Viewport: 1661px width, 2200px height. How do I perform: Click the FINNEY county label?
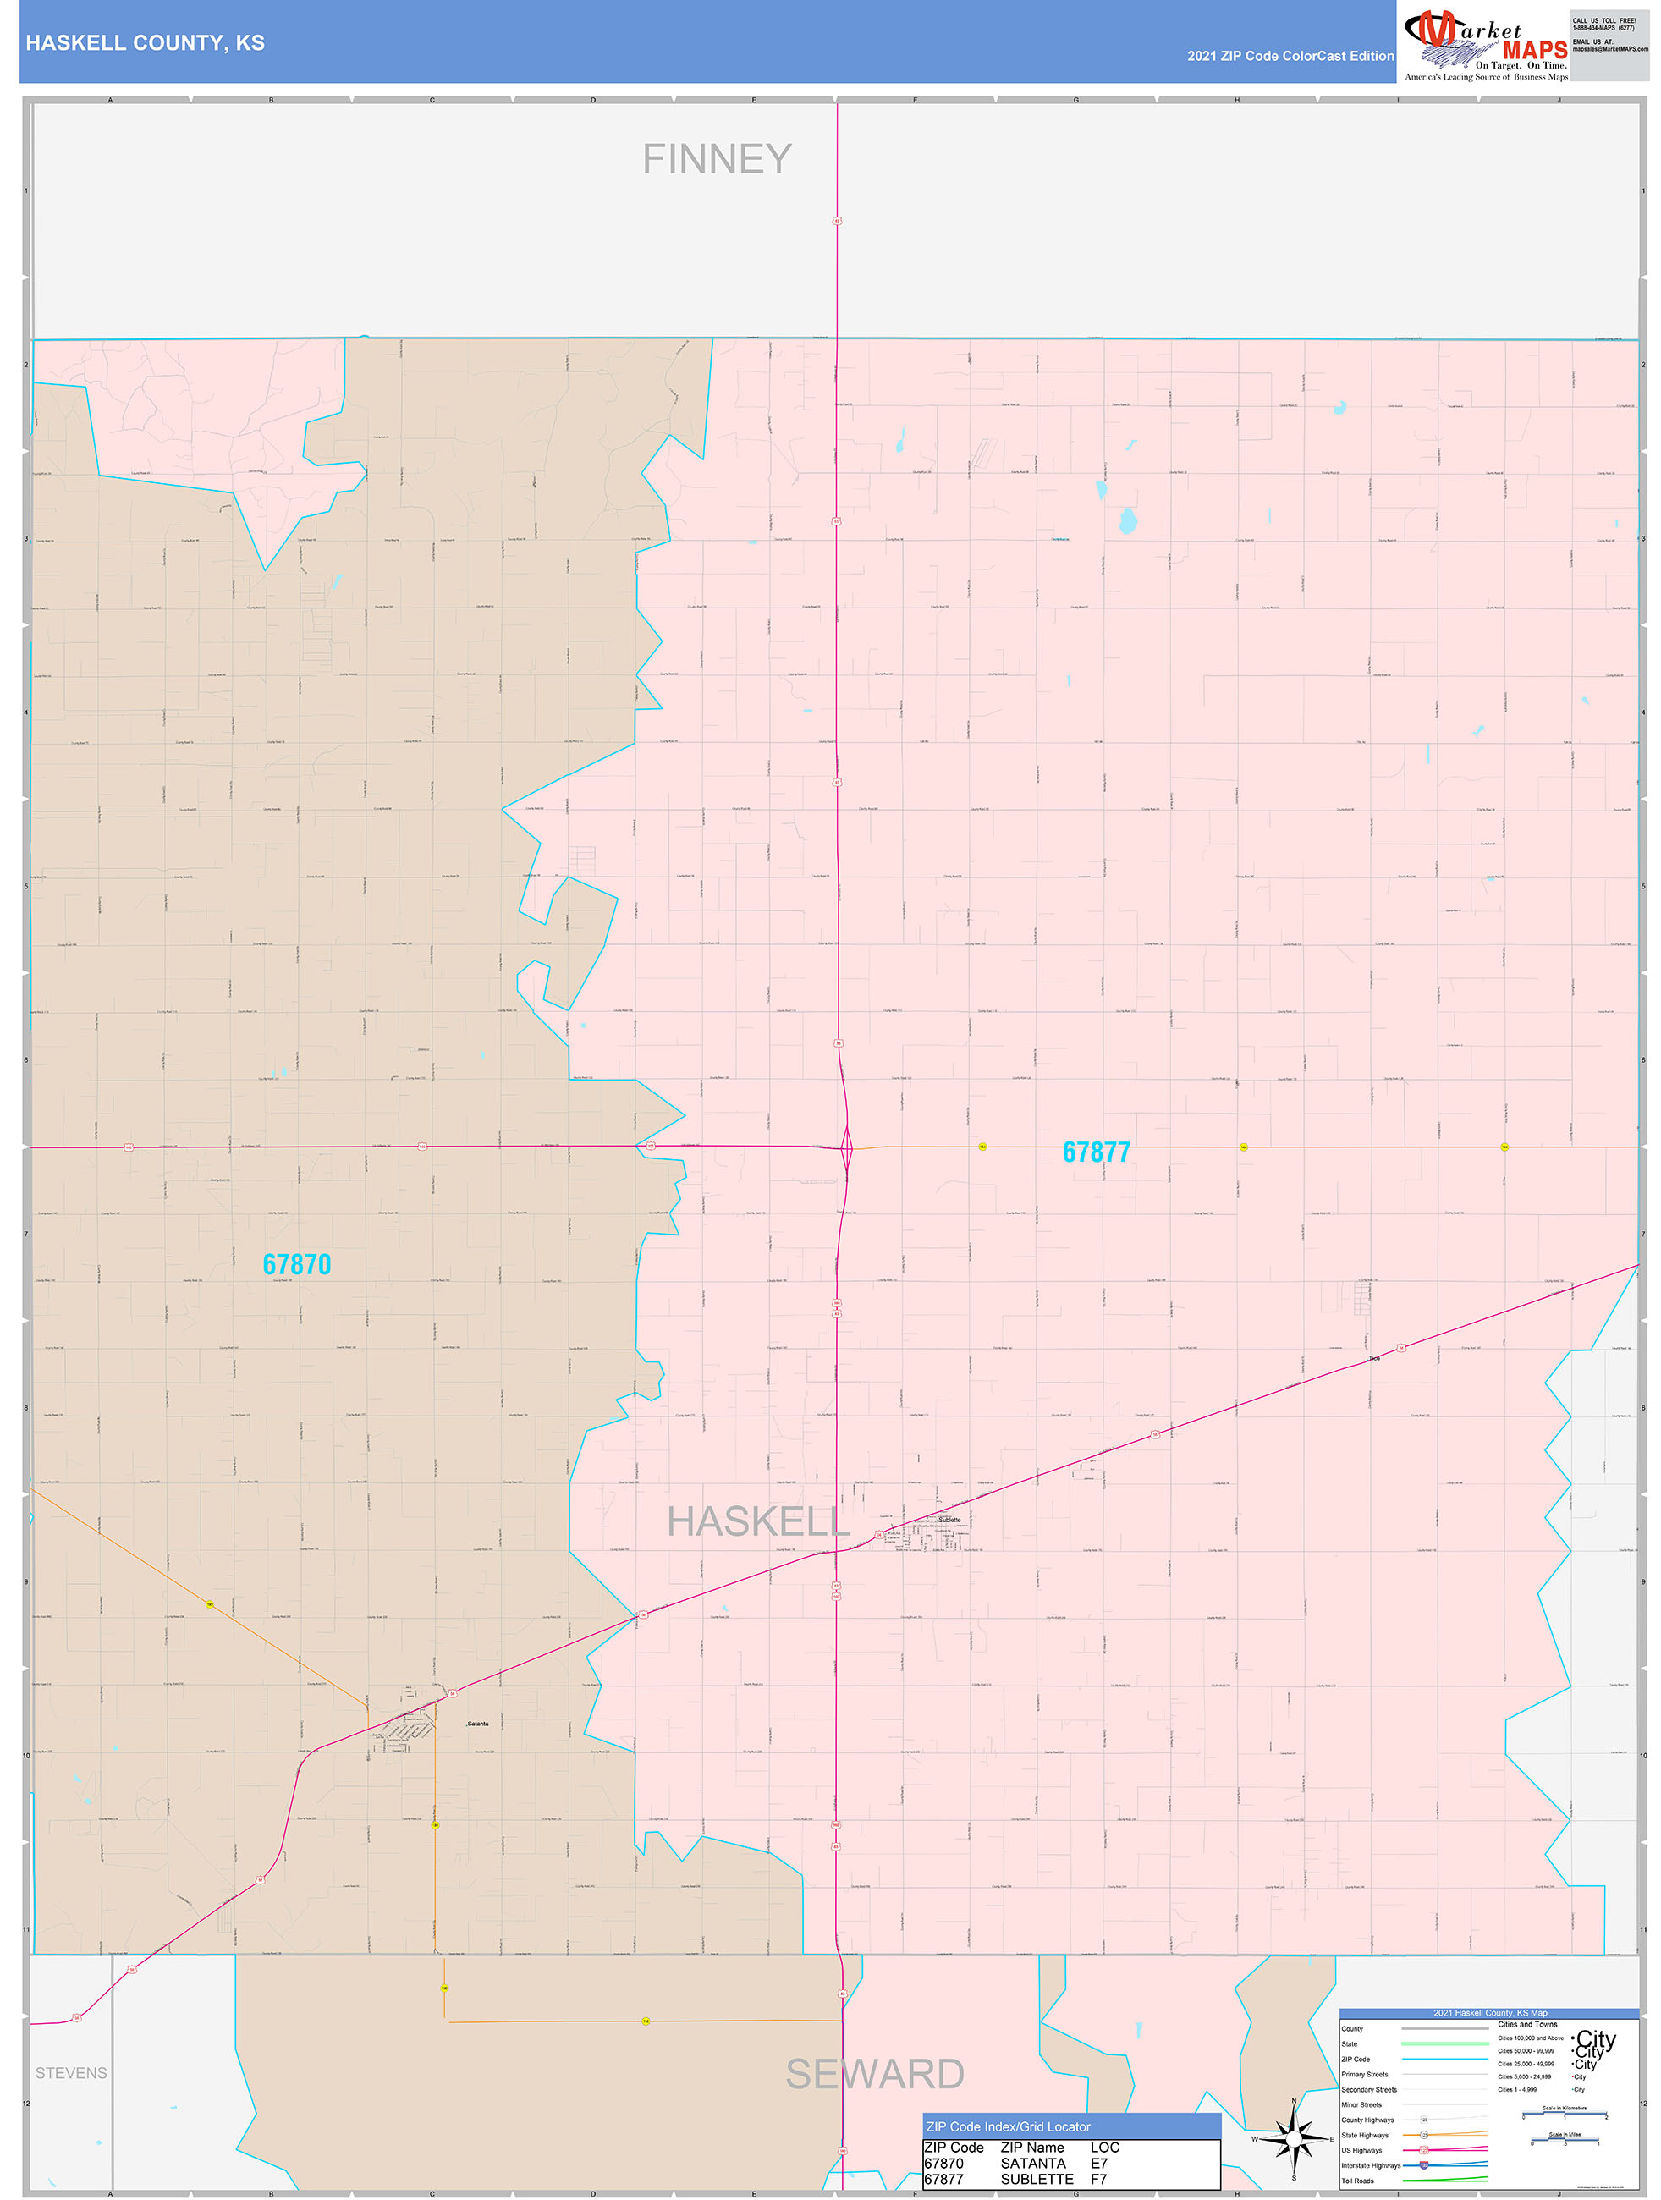tap(716, 159)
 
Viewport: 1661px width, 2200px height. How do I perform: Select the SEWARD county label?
tap(874, 2075)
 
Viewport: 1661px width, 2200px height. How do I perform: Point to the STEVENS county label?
tap(70, 2074)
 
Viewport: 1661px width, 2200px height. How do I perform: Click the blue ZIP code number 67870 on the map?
tap(296, 1265)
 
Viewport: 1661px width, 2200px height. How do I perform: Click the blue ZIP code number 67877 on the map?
tap(1096, 1152)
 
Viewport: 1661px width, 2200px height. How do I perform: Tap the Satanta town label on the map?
tap(477, 1724)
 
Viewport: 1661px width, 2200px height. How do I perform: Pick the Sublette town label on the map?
tap(950, 1520)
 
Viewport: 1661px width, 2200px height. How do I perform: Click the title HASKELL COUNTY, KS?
tap(146, 43)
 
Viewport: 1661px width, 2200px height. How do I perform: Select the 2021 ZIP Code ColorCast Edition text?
tap(1290, 56)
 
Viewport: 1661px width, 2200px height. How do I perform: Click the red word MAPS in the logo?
tap(1534, 50)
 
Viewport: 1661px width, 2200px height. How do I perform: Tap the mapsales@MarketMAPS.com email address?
tap(1609, 49)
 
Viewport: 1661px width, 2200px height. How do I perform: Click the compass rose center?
tap(1294, 2137)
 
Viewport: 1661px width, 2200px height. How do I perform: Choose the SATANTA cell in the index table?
tap(1032, 2164)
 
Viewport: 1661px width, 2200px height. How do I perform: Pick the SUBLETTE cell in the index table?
tap(1037, 2179)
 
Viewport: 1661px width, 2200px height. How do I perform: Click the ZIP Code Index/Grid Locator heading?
tap(1008, 2127)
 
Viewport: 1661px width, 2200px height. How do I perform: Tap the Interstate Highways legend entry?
tap(1370, 2165)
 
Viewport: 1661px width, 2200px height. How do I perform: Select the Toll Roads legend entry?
tap(1357, 2181)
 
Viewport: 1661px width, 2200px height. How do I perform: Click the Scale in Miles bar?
tap(1565, 2139)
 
